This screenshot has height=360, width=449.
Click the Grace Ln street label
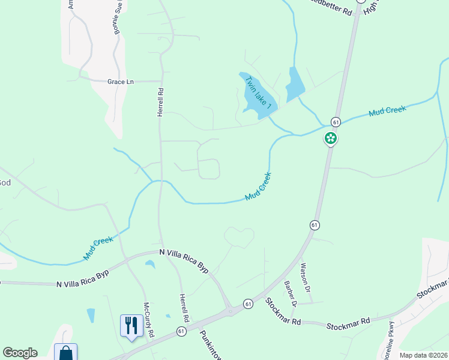pos(120,82)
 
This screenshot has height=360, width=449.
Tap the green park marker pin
pos(330,139)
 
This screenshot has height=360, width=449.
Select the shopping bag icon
pos(65,352)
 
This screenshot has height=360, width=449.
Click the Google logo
pos(20,353)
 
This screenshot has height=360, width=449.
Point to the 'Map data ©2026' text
pos(423,355)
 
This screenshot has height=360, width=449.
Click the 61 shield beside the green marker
pos(336,121)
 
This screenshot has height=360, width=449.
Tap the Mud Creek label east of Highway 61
pos(387,111)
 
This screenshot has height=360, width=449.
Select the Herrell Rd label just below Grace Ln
pos(161,103)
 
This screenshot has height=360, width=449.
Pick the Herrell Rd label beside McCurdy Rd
pos(184,307)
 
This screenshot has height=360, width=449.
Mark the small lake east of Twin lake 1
pos(295,83)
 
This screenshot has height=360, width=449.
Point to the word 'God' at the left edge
pos(4,182)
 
